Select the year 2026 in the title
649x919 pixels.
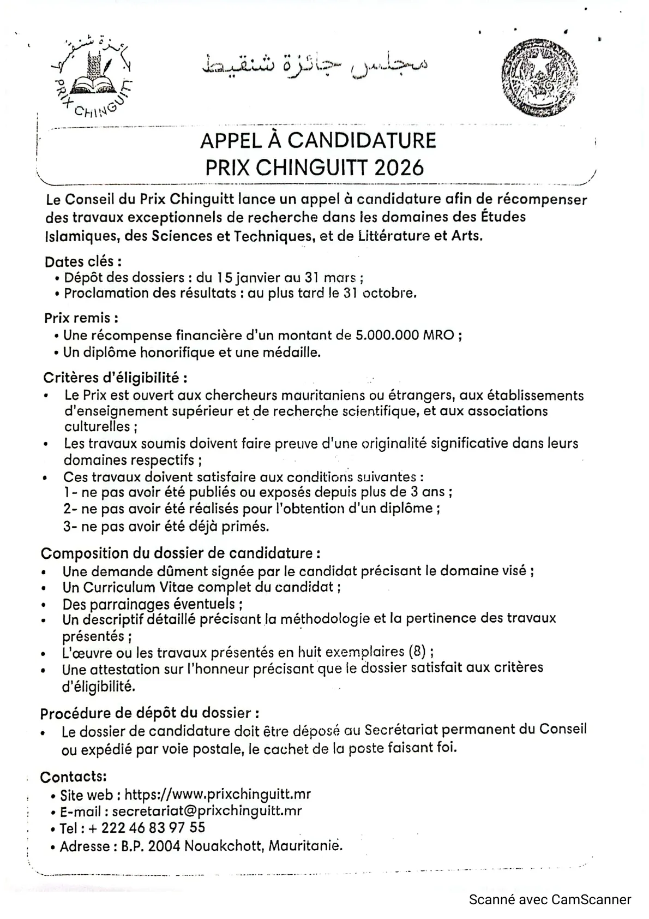coord(399,167)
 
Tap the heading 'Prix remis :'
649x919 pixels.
coord(81,317)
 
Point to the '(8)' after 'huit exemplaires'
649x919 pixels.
coord(417,652)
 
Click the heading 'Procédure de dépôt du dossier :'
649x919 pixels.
coord(149,713)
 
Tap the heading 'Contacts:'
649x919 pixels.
coord(73,777)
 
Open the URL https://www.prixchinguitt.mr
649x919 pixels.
coord(218,794)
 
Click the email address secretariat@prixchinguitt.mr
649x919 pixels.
coord(207,811)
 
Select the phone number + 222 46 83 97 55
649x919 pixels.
coord(146,828)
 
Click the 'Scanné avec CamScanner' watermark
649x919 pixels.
coord(550,900)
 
